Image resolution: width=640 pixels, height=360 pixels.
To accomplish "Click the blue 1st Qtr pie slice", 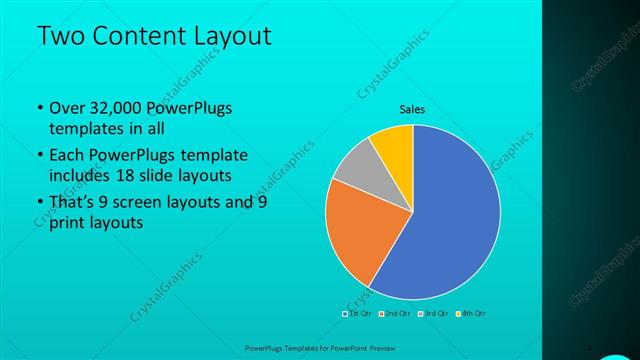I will pyautogui.click(x=450, y=220).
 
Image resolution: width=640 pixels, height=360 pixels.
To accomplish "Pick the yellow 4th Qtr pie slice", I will pyautogui.click(x=392, y=144).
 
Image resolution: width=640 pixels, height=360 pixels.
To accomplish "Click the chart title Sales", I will pyautogui.click(x=412, y=109).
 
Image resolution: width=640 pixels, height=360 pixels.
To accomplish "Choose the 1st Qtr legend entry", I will pyautogui.click(x=358, y=314).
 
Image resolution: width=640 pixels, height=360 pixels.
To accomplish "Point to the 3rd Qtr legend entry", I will pyautogui.click(x=433, y=314).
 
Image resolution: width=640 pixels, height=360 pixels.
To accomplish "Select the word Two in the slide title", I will pyautogui.click(x=59, y=37).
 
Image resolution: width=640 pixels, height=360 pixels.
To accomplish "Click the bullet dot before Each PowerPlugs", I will pyautogui.click(x=38, y=156).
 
